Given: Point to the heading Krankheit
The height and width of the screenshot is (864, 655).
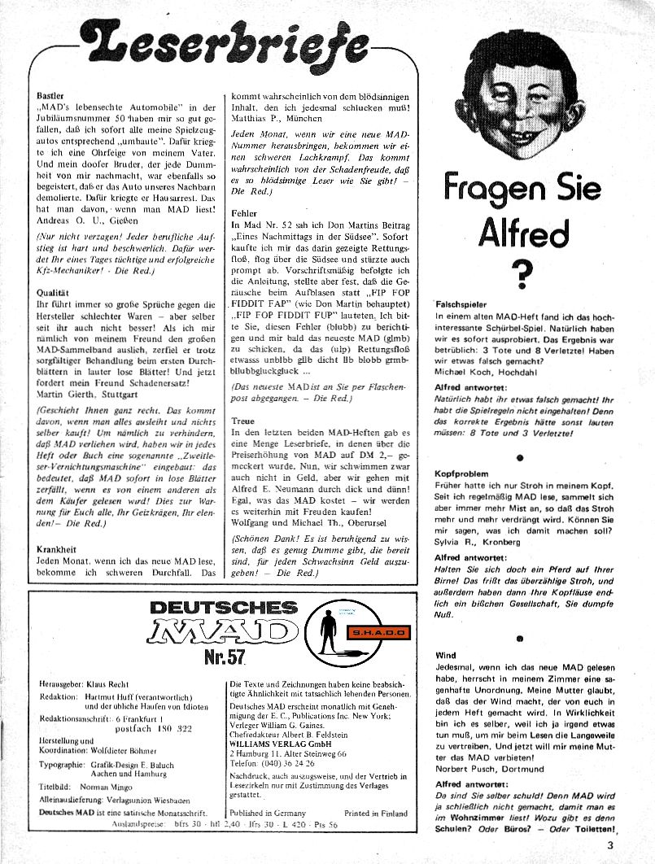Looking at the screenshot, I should tap(57, 550).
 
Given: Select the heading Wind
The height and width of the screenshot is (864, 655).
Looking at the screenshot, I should tap(445, 631).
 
